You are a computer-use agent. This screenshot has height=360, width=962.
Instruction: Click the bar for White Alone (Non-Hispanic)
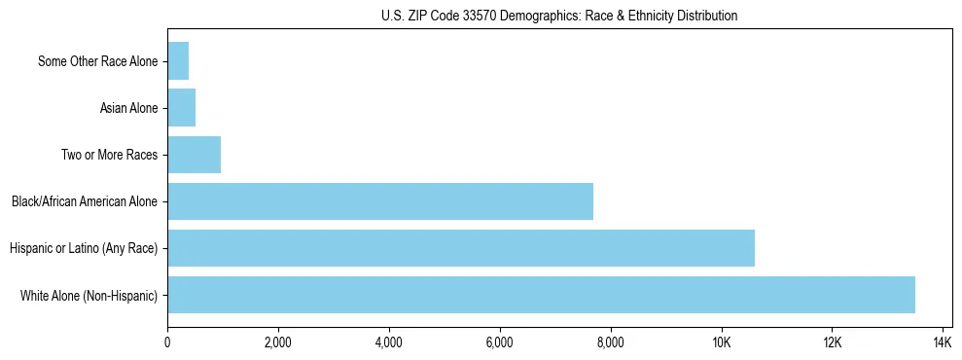[541, 295]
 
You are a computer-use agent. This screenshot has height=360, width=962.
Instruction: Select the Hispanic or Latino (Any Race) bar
[461, 248]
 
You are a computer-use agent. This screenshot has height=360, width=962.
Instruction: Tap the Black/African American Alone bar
[380, 201]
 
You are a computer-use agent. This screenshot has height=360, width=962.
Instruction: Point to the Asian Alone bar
[182, 108]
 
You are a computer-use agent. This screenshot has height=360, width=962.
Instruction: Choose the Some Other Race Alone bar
[178, 61]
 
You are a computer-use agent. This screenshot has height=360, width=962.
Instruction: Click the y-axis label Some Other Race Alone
[97, 61]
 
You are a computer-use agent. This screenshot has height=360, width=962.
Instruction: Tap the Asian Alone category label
[128, 108]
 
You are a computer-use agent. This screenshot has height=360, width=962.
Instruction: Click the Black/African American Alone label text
[85, 201]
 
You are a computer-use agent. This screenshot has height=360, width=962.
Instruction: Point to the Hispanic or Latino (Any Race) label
[84, 248]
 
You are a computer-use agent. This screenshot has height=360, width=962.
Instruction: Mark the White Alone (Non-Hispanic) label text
[89, 295]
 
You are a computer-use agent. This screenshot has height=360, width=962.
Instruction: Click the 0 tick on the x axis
[167, 342]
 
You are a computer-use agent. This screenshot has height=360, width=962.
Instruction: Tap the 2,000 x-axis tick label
[278, 342]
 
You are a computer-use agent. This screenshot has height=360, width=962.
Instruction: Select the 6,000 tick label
[500, 342]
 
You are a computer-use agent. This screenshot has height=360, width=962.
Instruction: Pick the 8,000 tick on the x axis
[611, 342]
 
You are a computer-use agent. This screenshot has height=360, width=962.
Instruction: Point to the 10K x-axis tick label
[722, 342]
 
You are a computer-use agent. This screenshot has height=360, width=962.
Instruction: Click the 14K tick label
[943, 342]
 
